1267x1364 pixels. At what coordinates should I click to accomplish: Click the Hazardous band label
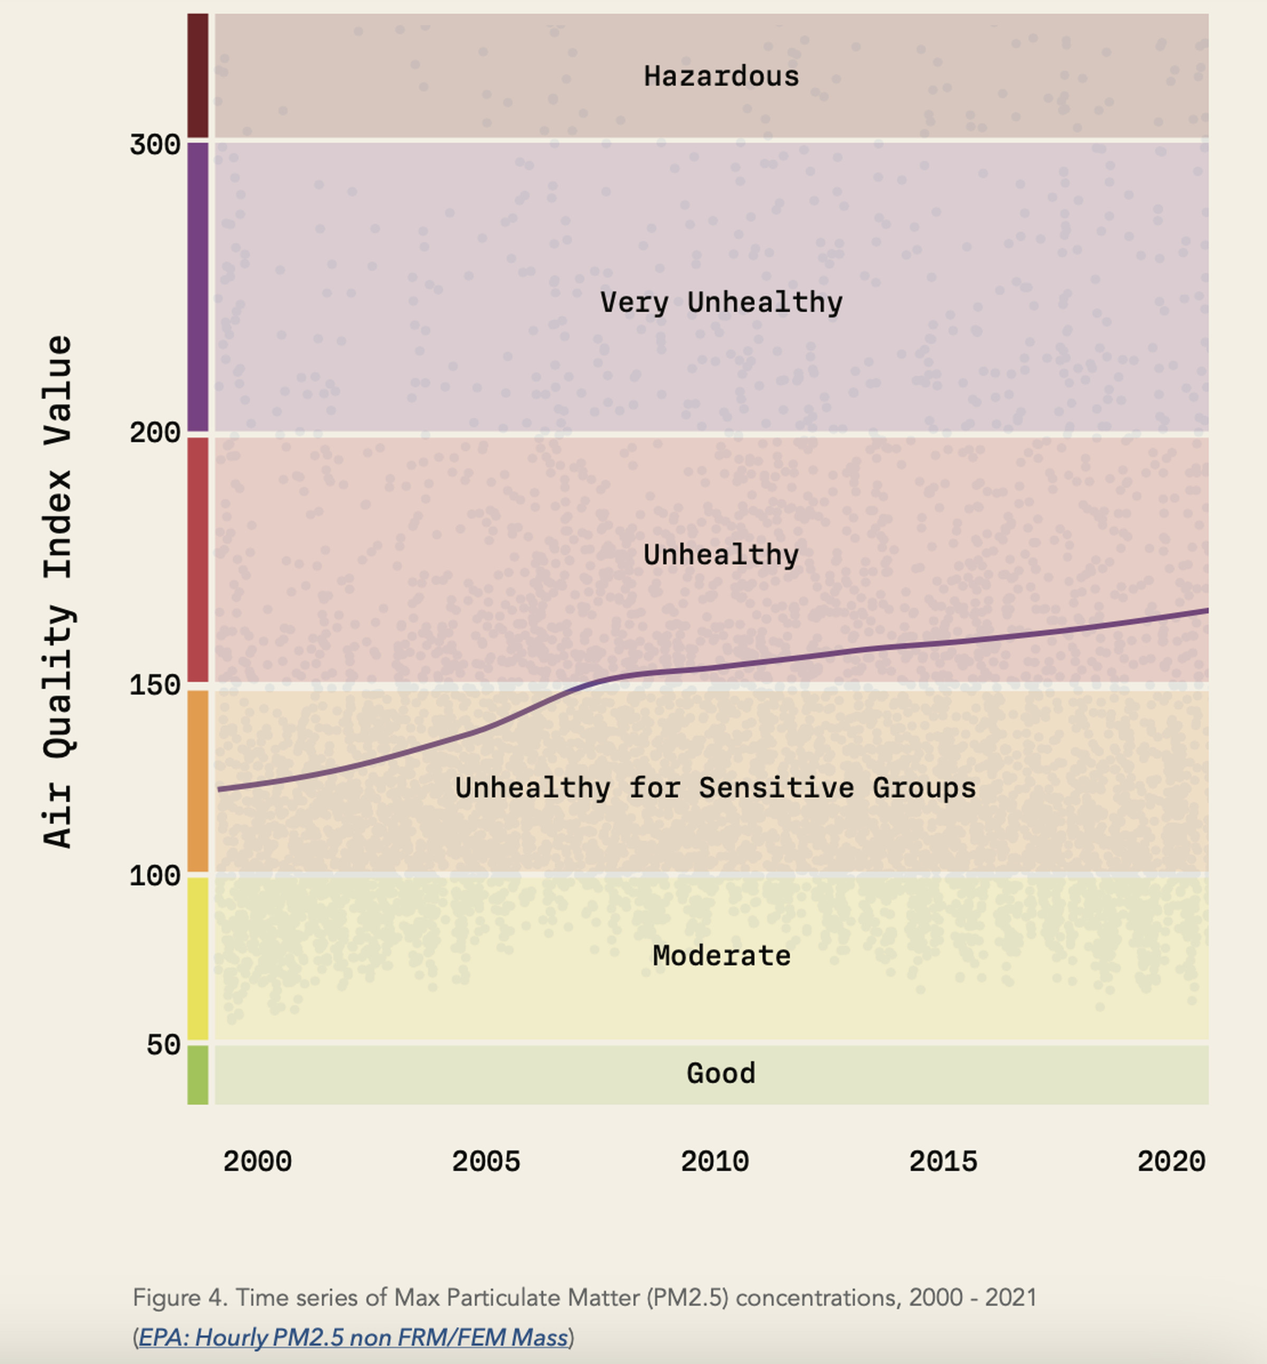pos(721,76)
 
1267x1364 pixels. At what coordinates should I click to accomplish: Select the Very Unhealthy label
pos(721,303)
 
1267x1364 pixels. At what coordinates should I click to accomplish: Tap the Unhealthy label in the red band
pos(721,554)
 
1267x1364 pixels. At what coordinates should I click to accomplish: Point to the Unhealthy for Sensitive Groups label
pos(715,788)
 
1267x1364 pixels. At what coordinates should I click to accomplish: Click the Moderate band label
pos(721,956)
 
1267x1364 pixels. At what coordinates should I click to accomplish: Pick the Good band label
pos(721,1073)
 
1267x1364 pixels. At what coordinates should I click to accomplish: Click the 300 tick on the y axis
pos(155,145)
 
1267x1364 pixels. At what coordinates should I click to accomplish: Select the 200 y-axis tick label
pos(155,433)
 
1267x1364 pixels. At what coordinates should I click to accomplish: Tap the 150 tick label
pos(155,685)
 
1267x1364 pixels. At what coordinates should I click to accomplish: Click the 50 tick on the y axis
pos(163,1045)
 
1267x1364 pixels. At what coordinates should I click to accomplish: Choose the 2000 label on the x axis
pos(257,1162)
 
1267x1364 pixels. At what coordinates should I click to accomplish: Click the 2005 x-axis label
pos(486,1162)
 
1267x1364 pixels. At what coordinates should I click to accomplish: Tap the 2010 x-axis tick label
pos(714,1162)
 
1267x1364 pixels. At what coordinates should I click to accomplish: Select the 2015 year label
pos(943,1162)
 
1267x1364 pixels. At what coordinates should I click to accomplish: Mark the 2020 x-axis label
pos(1171,1162)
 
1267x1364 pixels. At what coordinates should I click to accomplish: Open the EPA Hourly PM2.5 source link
pos(353,1337)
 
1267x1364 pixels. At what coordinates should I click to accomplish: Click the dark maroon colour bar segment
pos(198,76)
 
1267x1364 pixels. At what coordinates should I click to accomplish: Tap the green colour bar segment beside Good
pos(198,1075)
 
